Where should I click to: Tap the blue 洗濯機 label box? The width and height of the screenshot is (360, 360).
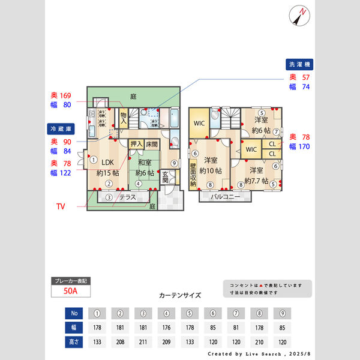tap(299, 64)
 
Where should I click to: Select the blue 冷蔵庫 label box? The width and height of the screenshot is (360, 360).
tap(61, 128)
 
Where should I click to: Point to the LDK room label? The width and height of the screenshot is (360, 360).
tap(107, 162)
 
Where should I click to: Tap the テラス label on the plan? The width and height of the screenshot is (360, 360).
tap(127, 197)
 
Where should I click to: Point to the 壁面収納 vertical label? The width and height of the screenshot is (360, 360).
tap(193, 175)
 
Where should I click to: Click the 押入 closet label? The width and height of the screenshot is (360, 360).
tap(137, 144)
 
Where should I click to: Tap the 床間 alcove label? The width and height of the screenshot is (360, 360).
tap(152, 144)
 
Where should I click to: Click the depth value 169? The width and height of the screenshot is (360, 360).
tap(65, 95)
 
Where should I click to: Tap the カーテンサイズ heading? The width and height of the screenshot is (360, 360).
tap(180, 296)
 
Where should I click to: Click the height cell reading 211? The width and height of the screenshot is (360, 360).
tap(143, 342)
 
